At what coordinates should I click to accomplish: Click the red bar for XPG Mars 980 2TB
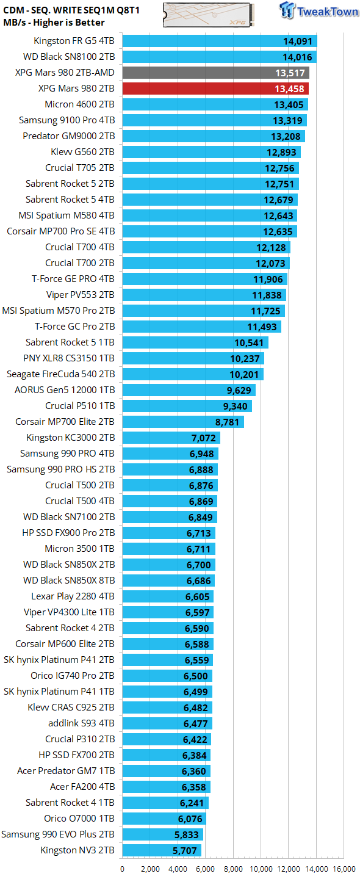pyautogui.click(x=215, y=89)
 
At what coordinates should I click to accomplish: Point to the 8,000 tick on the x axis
pyautogui.click(x=233, y=869)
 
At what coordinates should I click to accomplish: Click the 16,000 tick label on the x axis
pyautogui.click(x=344, y=869)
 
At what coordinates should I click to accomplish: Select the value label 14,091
pyautogui.click(x=298, y=42)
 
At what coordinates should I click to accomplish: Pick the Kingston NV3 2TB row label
pyautogui.click(x=77, y=850)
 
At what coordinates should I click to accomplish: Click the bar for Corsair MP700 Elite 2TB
pyautogui.click(x=183, y=422)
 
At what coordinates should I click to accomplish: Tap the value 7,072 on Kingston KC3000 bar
pyautogui.click(x=203, y=438)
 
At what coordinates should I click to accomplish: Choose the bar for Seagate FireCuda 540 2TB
pyautogui.click(x=193, y=374)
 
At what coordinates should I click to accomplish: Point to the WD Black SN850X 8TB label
pyautogui.click(x=69, y=581)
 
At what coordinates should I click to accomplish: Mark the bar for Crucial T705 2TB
pyautogui.click(x=211, y=168)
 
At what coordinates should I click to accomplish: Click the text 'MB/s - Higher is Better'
pyautogui.click(x=54, y=23)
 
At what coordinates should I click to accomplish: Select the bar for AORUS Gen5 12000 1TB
pyautogui.click(x=189, y=390)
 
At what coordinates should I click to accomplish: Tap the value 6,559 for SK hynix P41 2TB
pyautogui.click(x=195, y=660)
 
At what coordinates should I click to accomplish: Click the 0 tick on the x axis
pyautogui.click(x=123, y=869)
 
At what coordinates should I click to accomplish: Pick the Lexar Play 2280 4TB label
pyautogui.click(x=73, y=596)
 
